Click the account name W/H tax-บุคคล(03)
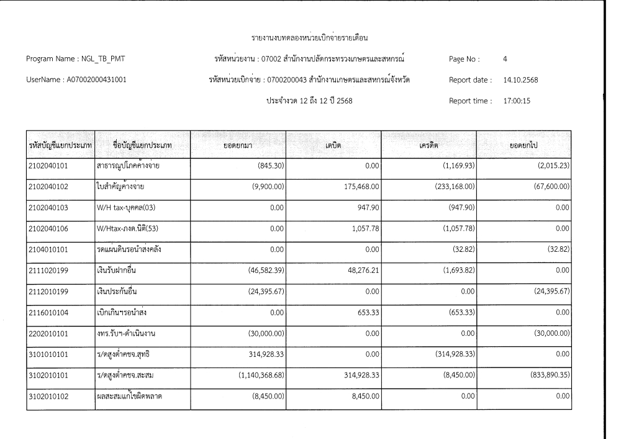(x=135, y=209)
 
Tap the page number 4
(x=504, y=59)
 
